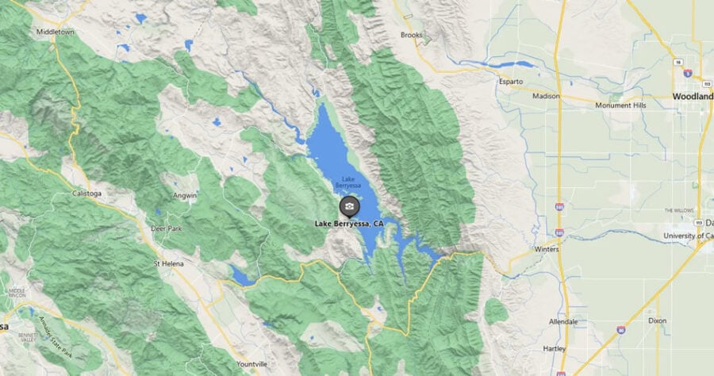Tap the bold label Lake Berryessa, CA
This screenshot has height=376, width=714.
[x=349, y=224]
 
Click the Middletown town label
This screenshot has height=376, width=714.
[x=55, y=33]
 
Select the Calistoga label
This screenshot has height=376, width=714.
[x=88, y=193]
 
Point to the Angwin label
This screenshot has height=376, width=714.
[x=184, y=195]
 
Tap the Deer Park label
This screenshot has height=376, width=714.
[x=166, y=228]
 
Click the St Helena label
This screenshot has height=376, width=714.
[x=167, y=263]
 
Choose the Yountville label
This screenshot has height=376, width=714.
[x=251, y=364]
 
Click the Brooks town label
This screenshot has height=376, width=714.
[x=412, y=35]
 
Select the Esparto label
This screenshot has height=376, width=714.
[x=512, y=82]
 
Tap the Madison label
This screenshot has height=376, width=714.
[x=546, y=96]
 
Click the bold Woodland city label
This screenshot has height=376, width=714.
[x=692, y=96]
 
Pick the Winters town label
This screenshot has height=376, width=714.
[x=546, y=249]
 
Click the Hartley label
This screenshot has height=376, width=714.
[x=554, y=348]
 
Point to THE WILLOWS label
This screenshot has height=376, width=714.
[x=679, y=210]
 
